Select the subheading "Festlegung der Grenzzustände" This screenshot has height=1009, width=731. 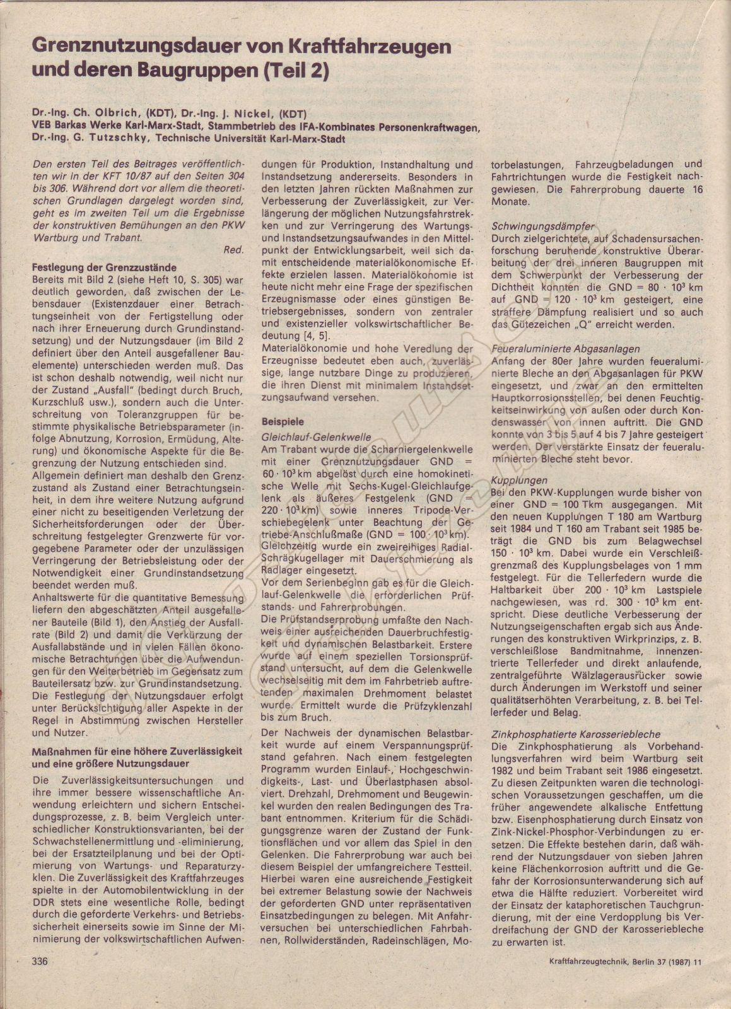coord(104,267)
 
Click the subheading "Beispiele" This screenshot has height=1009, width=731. coord(283,421)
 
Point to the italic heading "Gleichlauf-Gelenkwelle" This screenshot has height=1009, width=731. coord(317,437)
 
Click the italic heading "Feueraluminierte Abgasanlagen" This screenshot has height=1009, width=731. coord(566,349)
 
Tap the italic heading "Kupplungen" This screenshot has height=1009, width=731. coord(520,480)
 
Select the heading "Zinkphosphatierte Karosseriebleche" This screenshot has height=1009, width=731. coord(576,734)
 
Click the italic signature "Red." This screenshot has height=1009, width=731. coord(234,250)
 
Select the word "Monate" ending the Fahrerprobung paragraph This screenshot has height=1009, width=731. coord(511,201)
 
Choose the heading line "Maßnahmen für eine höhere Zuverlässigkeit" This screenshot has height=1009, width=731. coord(137,751)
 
